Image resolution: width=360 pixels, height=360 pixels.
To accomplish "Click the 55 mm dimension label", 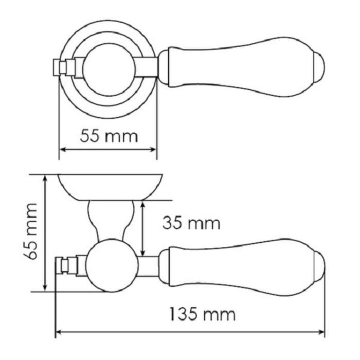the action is tap(109, 136).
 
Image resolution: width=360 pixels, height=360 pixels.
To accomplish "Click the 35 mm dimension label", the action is tap(191, 223).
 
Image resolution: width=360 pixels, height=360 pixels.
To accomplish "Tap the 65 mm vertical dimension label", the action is tap(31, 231).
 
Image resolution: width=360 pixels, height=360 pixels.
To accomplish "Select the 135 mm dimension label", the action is tap(203, 314).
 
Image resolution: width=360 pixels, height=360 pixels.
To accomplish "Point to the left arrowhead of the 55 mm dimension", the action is tap(63, 150).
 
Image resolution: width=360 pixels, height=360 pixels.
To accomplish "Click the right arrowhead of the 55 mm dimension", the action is tap(153, 150).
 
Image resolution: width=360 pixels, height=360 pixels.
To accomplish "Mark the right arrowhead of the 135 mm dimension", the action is tap(321, 332).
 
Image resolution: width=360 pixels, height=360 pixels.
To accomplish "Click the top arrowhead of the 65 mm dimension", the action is tap(45, 179).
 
